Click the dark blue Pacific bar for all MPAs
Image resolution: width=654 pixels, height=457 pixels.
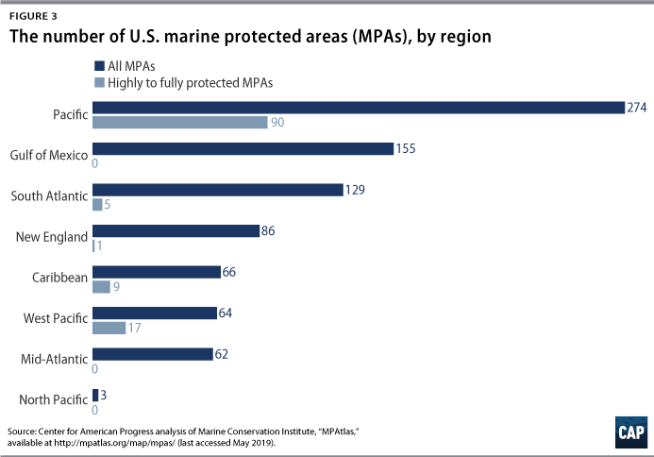[x=359, y=108]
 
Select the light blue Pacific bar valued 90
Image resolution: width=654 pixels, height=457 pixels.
[x=179, y=123]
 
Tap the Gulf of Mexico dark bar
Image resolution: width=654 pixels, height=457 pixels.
[x=243, y=148]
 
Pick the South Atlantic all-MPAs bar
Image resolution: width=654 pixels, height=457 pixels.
[x=217, y=190]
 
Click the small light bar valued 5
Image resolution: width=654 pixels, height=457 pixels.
[x=98, y=204]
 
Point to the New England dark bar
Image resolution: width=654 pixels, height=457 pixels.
[x=176, y=230]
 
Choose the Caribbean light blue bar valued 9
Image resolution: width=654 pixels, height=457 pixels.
[x=102, y=286]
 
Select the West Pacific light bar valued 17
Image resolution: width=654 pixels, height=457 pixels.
[x=109, y=328]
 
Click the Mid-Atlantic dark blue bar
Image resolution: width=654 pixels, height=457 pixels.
[x=153, y=354]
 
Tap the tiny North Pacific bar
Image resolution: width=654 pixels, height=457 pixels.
[x=95, y=395]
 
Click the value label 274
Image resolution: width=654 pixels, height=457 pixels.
[x=637, y=108]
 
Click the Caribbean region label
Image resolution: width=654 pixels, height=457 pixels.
[x=59, y=278]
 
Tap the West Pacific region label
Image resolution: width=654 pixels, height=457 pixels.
[x=55, y=319]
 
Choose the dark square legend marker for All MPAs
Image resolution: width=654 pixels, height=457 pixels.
[x=98, y=66]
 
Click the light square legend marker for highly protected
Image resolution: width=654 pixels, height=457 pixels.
[x=98, y=82]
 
